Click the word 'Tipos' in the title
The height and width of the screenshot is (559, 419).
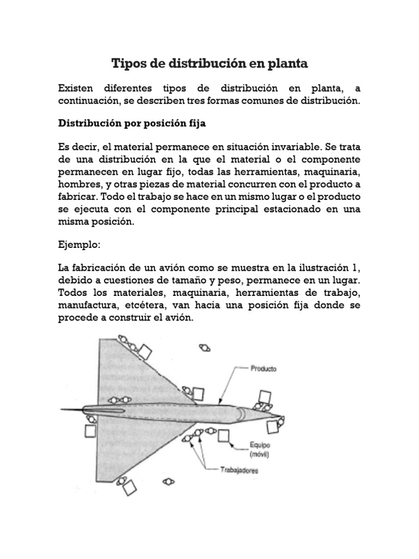pyautogui.click(x=128, y=64)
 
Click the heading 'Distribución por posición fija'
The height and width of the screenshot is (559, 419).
pyautogui.click(x=132, y=123)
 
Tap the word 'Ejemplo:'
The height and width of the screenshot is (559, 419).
pyautogui.click(x=80, y=246)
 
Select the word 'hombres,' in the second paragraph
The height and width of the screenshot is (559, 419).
pyautogui.click(x=79, y=185)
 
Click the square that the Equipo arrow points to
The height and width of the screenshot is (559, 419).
pyautogui.click(x=224, y=436)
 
